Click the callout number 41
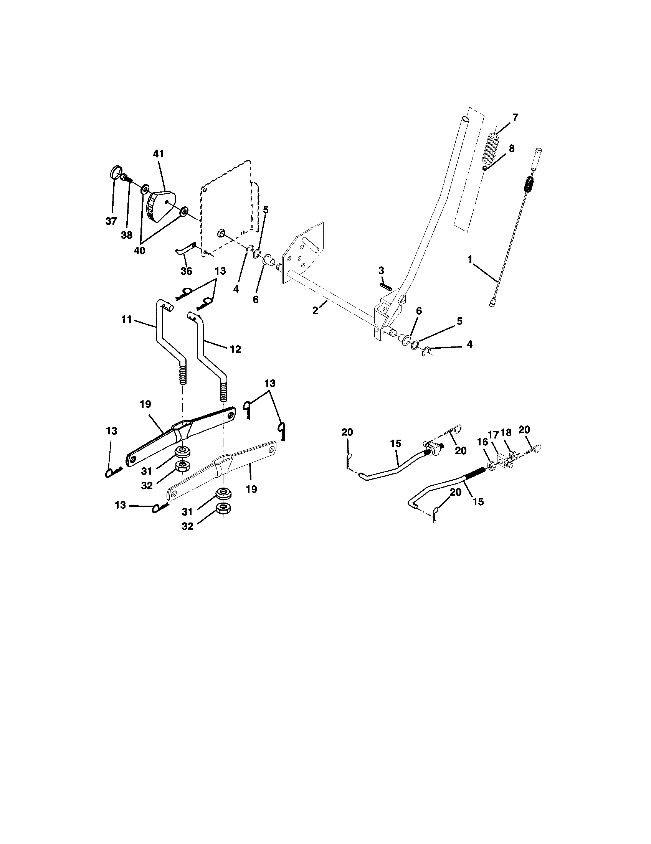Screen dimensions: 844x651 point(159,154)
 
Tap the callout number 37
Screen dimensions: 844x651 point(111,221)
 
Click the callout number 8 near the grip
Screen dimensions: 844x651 point(511,149)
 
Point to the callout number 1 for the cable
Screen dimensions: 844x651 point(470,260)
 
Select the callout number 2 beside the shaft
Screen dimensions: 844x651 point(316,310)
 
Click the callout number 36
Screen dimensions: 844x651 point(186,271)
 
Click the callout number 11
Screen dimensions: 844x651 point(127,320)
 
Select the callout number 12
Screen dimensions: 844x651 point(235,349)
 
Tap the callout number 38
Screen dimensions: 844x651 point(127,235)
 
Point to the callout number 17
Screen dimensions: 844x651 point(492,434)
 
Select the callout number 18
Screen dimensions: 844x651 point(506,432)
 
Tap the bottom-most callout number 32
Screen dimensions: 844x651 point(187,526)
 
